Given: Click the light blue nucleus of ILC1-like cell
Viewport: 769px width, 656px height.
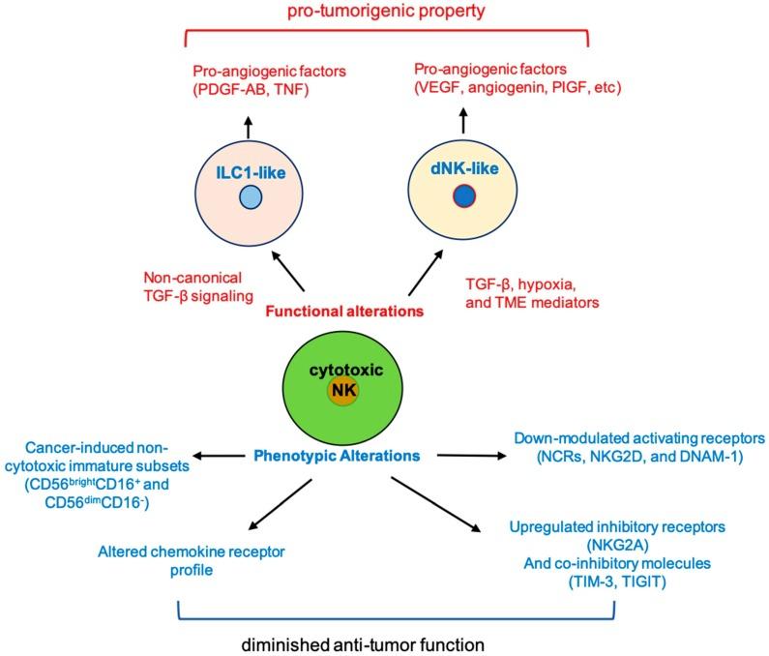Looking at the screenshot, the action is point(251,197).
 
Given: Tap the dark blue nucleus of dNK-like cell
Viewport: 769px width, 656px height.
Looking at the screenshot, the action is point(464,196).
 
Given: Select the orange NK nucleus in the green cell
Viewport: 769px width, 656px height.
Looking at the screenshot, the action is point(343,391).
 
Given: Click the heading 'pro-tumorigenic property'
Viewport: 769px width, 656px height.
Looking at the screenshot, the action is point(386,11).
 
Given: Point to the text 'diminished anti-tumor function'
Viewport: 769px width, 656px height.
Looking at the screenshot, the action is point(363,644).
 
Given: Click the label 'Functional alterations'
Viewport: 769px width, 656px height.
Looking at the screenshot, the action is point(344,312).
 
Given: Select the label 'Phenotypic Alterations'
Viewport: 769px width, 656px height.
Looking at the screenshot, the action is point(337,456).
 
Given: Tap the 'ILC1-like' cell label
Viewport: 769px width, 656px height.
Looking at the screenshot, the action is point(251,173).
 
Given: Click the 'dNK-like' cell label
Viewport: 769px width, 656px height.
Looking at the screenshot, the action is point(464,168).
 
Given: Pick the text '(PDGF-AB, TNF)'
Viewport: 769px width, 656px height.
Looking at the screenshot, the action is point(251,90).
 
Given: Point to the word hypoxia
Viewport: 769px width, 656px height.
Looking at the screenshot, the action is point(547,284).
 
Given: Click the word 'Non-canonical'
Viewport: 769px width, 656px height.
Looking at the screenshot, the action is point(192,278).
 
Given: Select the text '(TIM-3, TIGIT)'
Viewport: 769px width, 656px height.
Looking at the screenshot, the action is point(617,581).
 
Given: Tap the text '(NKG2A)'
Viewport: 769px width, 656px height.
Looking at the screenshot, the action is point(617,545).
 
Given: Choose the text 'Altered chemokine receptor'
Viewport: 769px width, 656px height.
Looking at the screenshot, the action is point(192,552).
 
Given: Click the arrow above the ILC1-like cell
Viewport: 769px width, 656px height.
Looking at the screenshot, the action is point(249,128).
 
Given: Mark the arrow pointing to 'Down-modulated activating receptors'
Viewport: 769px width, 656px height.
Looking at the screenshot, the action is point(471,456).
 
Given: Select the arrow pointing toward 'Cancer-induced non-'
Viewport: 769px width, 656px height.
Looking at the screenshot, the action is point(219,456).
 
